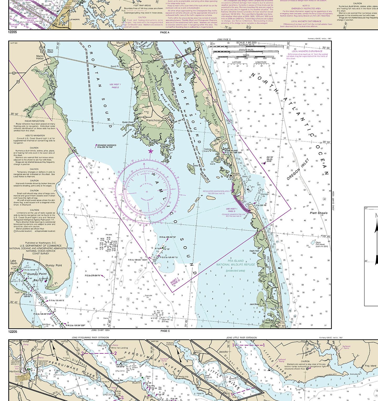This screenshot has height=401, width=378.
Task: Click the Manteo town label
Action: coord(122,43)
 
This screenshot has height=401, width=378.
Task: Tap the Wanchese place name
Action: coord(153,120)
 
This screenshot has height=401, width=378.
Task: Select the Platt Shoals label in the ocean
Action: coord(319,213)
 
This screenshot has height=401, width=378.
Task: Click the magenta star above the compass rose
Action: coord(150,151)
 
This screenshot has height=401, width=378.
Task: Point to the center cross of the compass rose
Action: coord(147,192)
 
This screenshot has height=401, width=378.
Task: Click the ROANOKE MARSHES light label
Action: coord(107,145)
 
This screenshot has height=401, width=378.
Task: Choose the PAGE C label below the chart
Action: coord(165,331)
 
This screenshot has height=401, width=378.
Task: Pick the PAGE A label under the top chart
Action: coord(165,33)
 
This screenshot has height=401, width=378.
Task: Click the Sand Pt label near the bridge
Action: coord(115,66)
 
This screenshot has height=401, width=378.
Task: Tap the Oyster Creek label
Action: coord(128,122)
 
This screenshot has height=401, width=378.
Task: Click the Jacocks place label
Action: coord(223,352)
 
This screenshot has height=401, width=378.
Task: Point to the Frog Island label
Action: coord(370,366)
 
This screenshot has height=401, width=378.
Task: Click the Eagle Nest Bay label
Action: coord(254,252)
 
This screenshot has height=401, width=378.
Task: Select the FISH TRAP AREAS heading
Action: coord(142,5)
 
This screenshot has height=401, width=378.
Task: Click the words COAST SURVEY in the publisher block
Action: coord(41,254)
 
